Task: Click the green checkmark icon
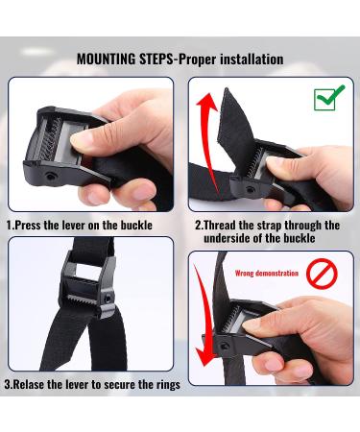pos(329,98)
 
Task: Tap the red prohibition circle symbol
pos(322,274)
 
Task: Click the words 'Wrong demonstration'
pos(266,274)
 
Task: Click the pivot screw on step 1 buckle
pos(50,177)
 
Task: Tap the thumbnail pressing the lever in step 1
pos(80,140)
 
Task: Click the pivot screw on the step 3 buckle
pos(108,299)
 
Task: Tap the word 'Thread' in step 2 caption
pos(219,225)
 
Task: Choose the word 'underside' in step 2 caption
pos(228,238)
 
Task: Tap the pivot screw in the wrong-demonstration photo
pos(225,347)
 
